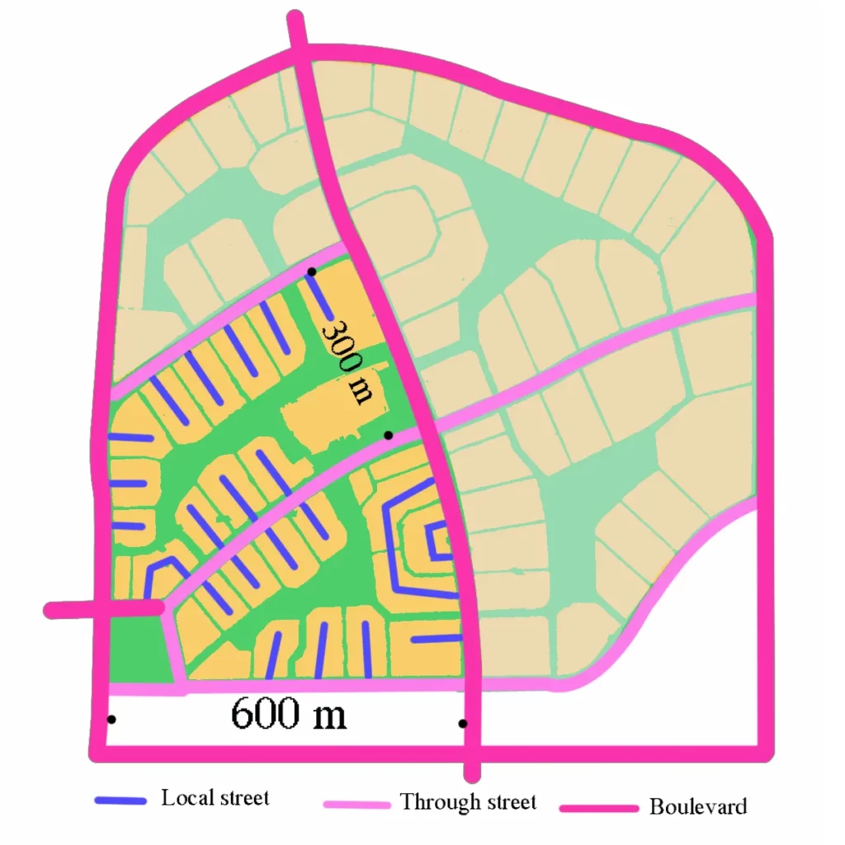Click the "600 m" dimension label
(x=288, y=714)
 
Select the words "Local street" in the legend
(x=215, y=798)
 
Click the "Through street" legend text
(x=468, y=801)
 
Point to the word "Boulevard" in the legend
(x=698, y=806)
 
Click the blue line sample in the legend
(x=120, y=800)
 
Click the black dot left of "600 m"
(x=111, y=719)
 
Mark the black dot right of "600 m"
(x=463, y=724)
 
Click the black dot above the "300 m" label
(x=311, y=271)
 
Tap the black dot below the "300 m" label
(x=388, y=435)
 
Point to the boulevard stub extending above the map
(x=296, y=33)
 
